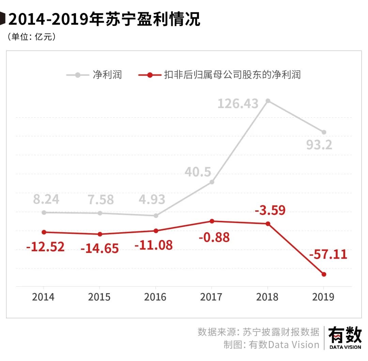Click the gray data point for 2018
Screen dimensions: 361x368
268,101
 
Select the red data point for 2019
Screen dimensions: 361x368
324,274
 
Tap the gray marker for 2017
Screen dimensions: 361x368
212,182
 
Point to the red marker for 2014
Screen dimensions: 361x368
44,232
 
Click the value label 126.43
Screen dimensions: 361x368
238,103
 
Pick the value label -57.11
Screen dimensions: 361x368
328,254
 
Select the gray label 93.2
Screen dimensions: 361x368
319,145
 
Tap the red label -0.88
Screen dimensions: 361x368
214,237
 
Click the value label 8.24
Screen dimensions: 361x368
46,199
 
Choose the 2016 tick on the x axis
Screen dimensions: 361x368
155,297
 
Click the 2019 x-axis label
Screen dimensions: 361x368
323,297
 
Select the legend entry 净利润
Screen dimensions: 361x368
107,75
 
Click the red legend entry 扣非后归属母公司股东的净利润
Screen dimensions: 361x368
232,75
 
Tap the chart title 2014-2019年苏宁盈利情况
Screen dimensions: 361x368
104,19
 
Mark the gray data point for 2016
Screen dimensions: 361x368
156,215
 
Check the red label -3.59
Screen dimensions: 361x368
270,210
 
